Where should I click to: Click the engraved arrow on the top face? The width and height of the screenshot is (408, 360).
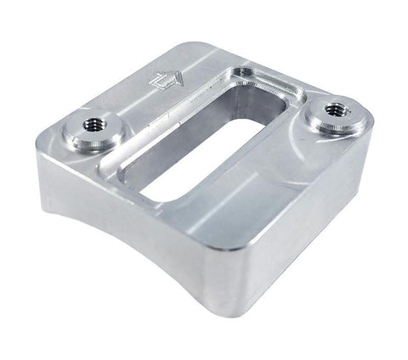coord(164,81)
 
